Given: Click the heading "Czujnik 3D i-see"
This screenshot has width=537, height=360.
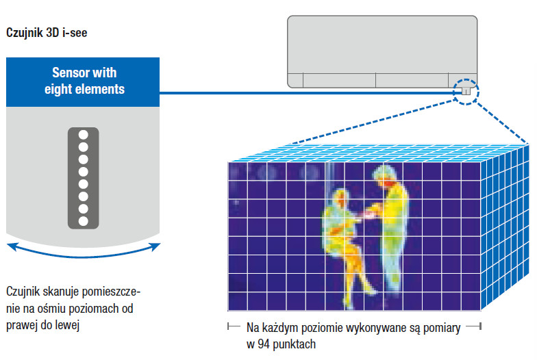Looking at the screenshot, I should pyautogui.click(x=46, y=32).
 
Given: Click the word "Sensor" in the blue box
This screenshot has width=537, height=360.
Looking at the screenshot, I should pyautogui.click(x=71, y=73).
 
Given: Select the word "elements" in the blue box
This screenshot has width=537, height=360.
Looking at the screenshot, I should pyautogui.click(x=100, y=89).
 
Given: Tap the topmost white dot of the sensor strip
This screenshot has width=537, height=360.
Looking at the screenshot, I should pyautogui.click(x=84, y=133).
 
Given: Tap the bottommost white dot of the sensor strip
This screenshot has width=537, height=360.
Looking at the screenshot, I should pyautogui.click(x=84, y=221).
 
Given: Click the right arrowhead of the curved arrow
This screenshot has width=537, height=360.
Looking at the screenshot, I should pyautogui.click(x=157, y=244).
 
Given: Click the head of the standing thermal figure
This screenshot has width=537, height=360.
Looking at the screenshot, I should pyautogui.click(x=385, y=175).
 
